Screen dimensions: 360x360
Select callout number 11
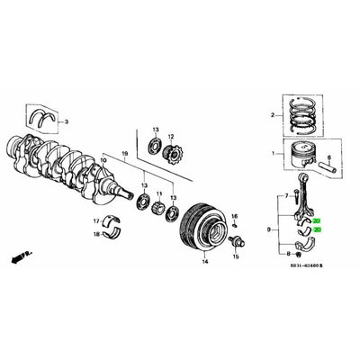pyautogui.click(x=159, y=194)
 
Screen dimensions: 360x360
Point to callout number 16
pyautogui.click(x=233, y=217)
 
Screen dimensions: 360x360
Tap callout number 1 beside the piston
pyautogui.click(x=274, y=154)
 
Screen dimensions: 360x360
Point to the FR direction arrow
pyautogui.click(x=16, y=258)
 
